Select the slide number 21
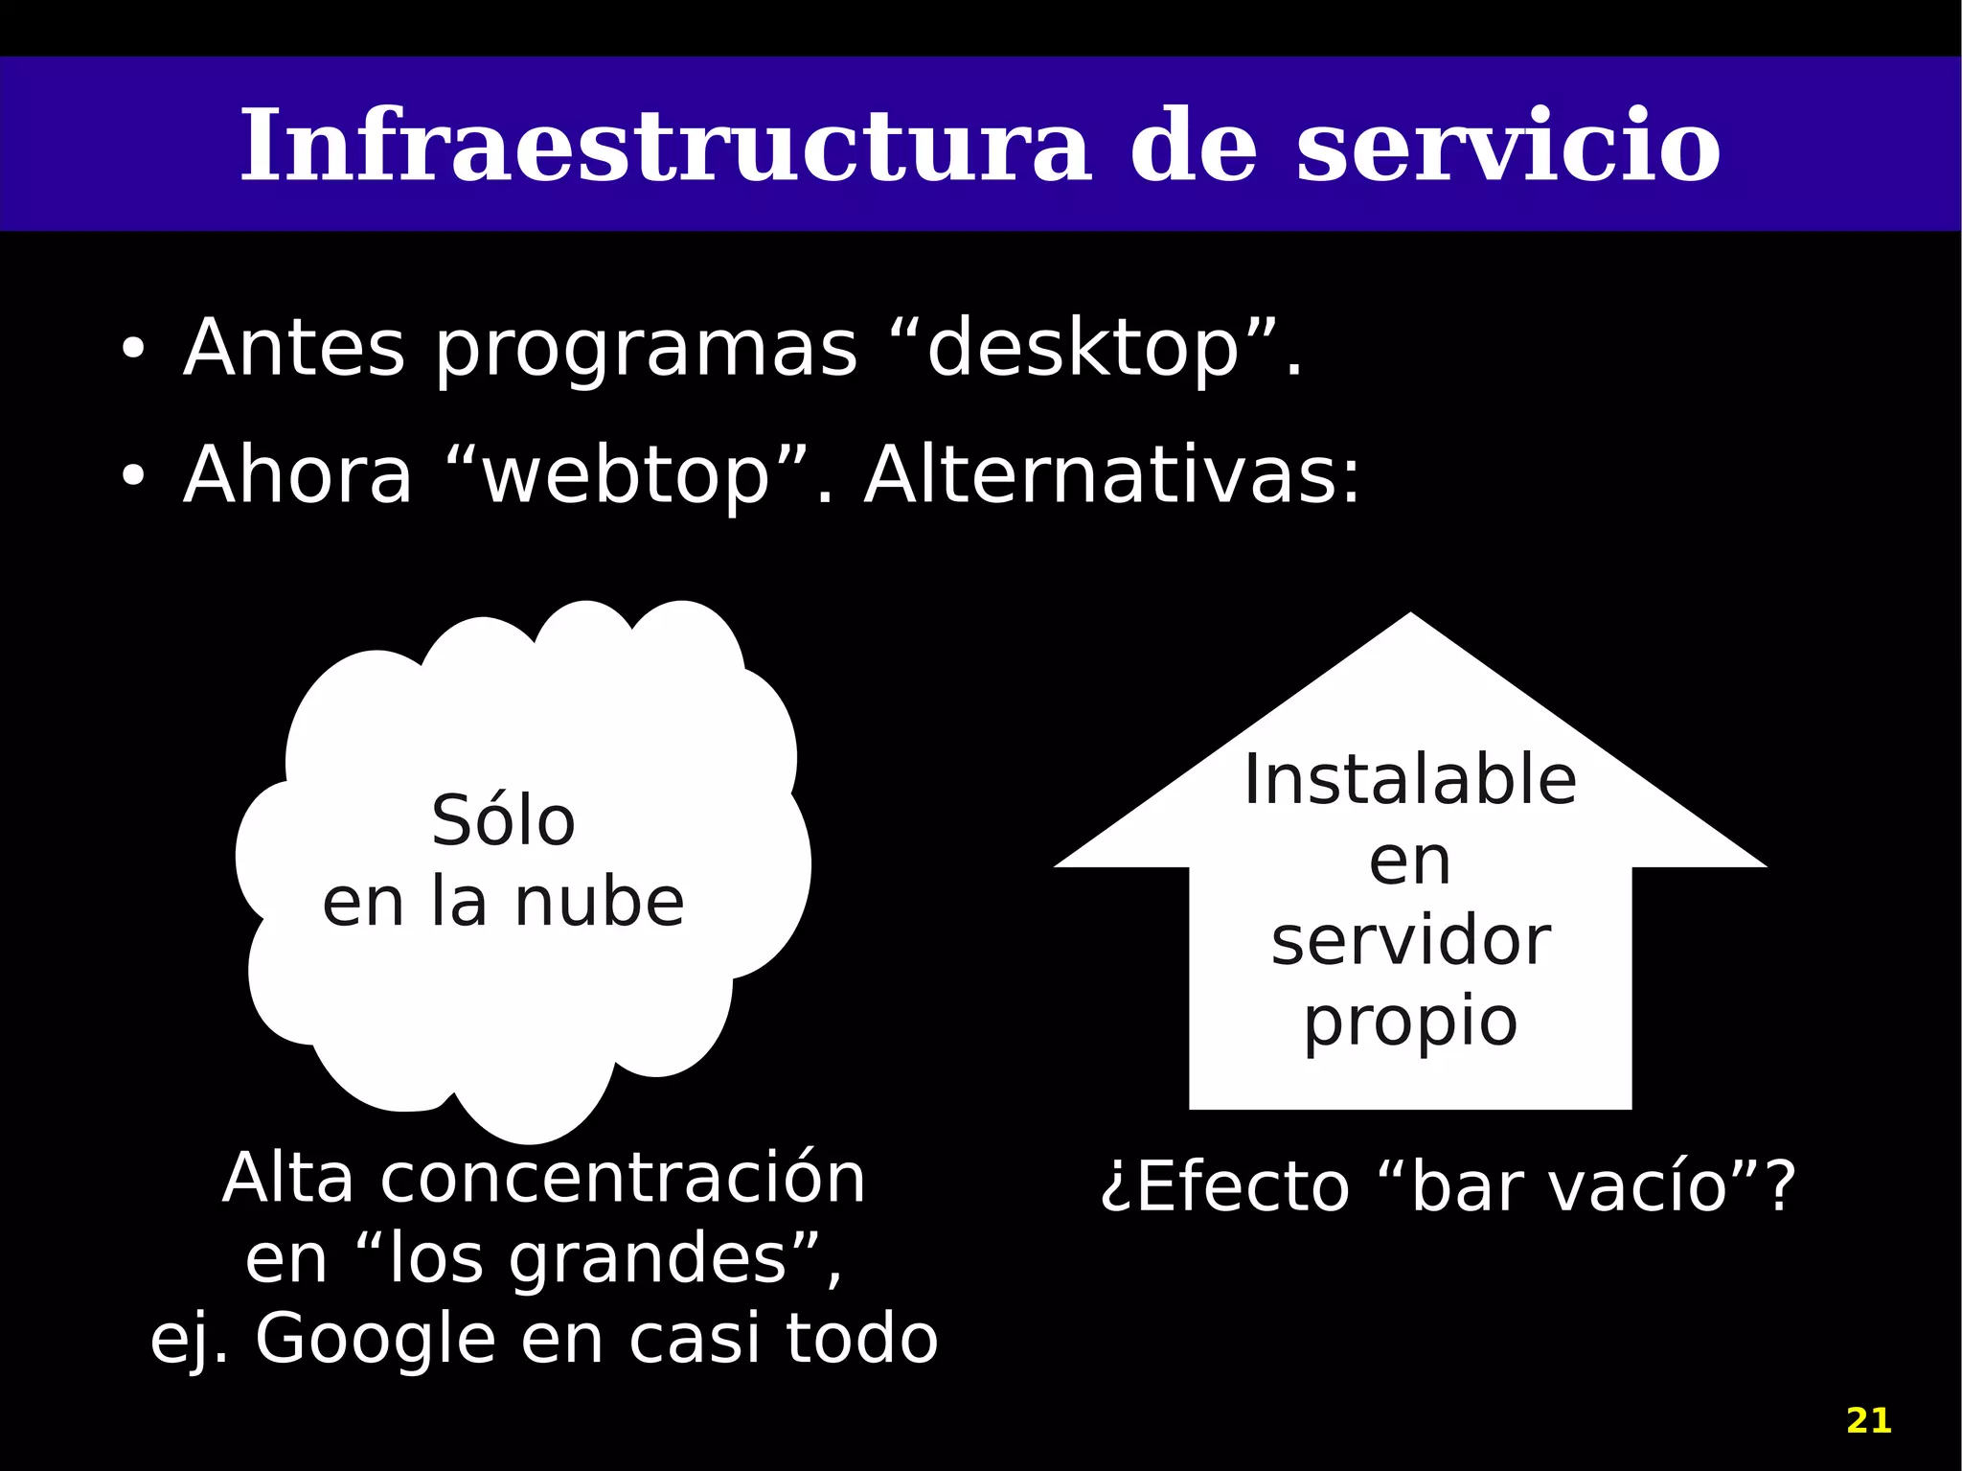tap(1868, 1420)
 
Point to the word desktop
tap(1083, 349)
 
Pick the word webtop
tap(627, 476)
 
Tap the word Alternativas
tap(1111, 475)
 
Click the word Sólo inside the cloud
tap(503, 821)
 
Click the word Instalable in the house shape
tap(1410, 780)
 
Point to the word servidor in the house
tap(1410, 941)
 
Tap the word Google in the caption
tap(375, 1339)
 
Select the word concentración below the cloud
tap(623, 1179)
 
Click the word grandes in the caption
tap(648, 1259)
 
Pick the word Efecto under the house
tap(1243, 1186)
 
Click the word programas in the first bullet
tap(647, 351)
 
